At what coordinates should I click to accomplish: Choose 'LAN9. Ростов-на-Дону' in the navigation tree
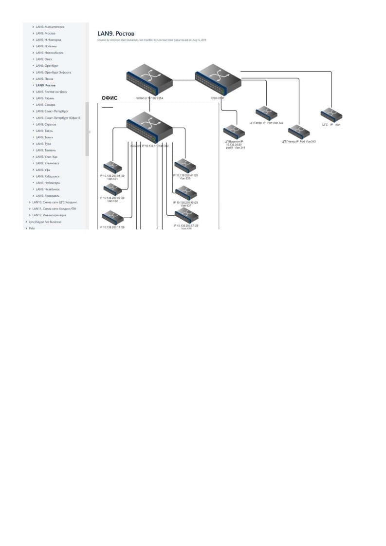[55, 92]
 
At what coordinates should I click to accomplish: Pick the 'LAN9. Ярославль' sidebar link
[50, 196]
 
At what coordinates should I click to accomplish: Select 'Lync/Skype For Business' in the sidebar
[45, 222]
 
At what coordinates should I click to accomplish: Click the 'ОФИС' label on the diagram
[110, 98]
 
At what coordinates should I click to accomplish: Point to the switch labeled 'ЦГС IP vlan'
[331, 114]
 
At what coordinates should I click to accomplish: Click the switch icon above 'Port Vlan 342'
[266, 113]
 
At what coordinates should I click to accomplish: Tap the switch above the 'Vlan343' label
[299, 132]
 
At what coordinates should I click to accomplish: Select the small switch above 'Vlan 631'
[112, 167]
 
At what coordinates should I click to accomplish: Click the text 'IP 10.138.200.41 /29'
[185, 175]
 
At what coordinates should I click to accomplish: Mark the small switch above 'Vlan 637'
[186, 193]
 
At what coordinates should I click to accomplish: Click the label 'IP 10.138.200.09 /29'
[112, 198]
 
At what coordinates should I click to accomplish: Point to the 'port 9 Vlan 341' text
[235, 147]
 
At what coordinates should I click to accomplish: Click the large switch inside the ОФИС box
[149, 126]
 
